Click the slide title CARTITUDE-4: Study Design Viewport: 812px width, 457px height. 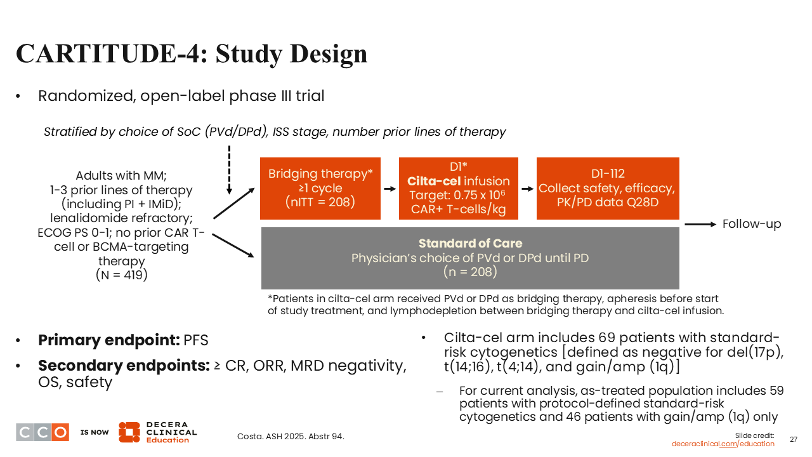coord(192,53)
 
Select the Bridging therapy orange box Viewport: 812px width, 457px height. coord(320,188)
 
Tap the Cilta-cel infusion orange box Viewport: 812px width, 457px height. coord(458,188)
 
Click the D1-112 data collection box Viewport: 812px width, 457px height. coord(607,188)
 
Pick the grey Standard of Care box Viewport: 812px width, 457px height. coord(470,258)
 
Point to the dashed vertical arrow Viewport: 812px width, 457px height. coord(229,169)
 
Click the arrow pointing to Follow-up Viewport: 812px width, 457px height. coord(700,224)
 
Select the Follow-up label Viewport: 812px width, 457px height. coord(752,224)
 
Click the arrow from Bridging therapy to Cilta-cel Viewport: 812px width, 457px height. coord(390,189)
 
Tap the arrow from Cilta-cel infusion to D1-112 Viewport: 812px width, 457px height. coord(527,189)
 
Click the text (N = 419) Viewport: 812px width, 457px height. coord(121,275)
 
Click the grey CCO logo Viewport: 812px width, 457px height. coord(43,432)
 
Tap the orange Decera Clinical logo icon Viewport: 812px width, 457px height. coord(129,432)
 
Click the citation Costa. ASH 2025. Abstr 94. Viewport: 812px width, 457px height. coord(291,436)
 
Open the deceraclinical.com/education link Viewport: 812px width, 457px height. coord(723,444)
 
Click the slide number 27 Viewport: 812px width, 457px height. coord(793,439)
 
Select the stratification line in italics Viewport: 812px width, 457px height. coord(275,132)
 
